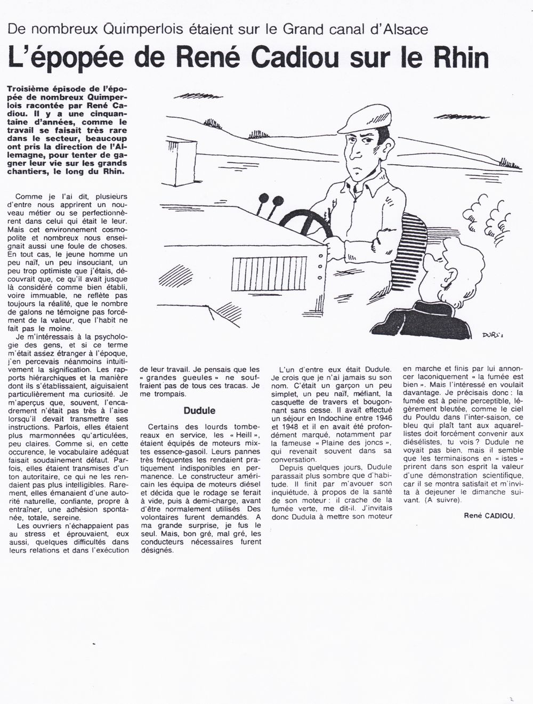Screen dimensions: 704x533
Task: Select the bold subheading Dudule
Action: click(x=199, y=411)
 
